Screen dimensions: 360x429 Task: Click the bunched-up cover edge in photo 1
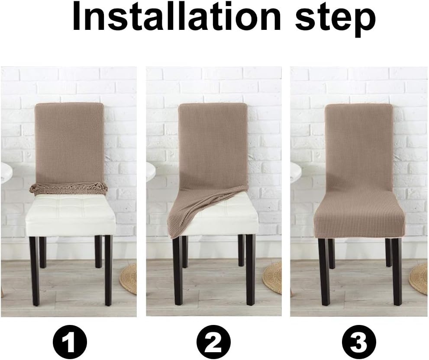point(69,188)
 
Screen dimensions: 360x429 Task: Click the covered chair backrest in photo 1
point(69,143)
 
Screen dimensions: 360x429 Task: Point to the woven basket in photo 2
point(273,277)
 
